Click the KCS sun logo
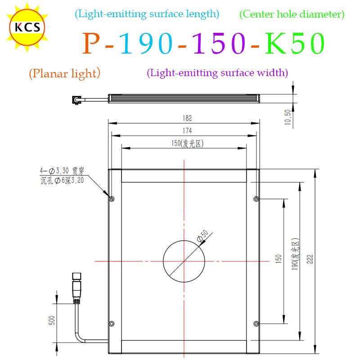[27, 27]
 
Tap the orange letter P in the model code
[92, 43]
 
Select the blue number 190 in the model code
[146, 43]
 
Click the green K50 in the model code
[295, 43]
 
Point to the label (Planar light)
[65, 73]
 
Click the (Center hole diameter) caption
[292, 14]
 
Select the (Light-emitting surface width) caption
[217, 73]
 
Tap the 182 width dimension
[187, 118]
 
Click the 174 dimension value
[187, 130]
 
